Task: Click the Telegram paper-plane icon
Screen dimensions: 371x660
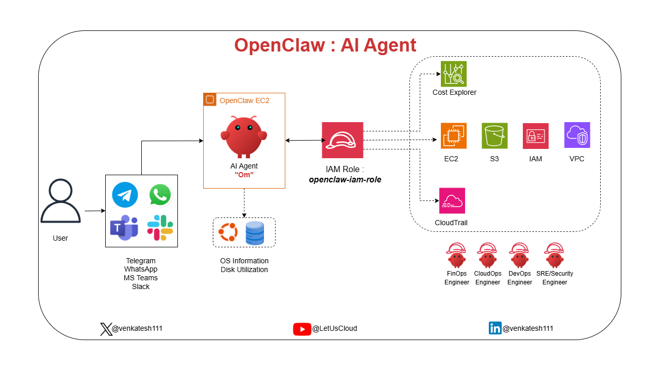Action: tap(124, 195)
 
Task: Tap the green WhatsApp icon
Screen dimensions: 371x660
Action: tap(160, 195)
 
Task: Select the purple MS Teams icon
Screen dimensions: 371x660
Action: tap(124, 228)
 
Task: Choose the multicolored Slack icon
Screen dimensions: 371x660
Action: tap(160, 228)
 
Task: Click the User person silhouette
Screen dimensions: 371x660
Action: tap(60, 201)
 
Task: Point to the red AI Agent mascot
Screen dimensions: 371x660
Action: tap(244, 137)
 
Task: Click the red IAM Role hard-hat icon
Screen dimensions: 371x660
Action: tap(342, 140)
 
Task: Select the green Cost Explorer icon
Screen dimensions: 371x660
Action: tap(454, 74)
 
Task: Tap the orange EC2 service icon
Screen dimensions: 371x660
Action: tap(454, 136)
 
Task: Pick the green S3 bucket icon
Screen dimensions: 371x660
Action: tap(494, 136)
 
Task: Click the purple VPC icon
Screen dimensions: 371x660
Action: tap(577, 135)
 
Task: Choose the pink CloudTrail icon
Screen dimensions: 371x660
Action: tap(452, 201)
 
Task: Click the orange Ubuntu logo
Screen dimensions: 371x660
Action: tap(228, 232)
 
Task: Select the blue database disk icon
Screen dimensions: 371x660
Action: tap(255, 233)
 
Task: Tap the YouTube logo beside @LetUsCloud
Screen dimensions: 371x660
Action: tap(302, 329)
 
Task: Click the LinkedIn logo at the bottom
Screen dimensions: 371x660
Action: tap(495, 328)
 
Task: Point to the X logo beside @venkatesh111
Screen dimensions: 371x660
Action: tap(106, 329)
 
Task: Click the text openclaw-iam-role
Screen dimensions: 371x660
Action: tap(345, 180)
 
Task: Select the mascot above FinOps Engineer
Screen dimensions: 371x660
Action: tap(456, 255)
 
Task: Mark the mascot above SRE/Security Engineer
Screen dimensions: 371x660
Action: tap(554, 255)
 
